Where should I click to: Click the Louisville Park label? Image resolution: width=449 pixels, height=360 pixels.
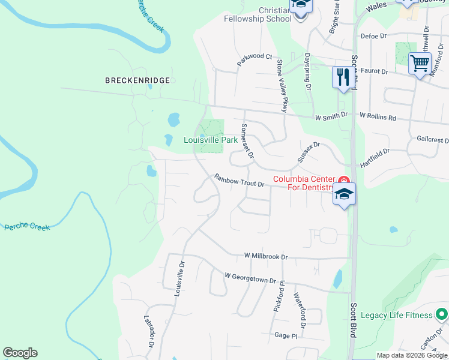210,140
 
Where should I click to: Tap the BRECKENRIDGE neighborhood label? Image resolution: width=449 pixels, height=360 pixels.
137,80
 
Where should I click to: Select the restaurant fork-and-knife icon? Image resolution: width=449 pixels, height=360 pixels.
343,77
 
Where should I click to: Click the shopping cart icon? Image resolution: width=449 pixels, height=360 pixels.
420,62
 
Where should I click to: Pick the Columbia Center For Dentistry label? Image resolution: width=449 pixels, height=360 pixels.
303,183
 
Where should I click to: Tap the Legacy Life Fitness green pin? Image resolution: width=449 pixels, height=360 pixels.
442,314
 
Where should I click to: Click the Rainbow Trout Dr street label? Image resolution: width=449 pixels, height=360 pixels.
240,180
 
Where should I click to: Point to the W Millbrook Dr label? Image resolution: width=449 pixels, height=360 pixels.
266,256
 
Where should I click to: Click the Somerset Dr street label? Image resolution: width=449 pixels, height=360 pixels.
247,142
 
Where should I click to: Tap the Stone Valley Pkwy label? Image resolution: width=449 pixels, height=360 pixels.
281,85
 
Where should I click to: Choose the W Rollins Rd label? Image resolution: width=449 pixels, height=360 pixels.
378,116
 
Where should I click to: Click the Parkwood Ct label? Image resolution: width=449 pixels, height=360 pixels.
255,56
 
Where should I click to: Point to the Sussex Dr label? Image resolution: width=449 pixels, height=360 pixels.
309,152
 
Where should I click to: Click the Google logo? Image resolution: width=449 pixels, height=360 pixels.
20,353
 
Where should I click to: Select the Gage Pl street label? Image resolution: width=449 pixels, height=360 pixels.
286,335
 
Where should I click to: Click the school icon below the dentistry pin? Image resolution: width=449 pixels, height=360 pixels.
345,194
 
